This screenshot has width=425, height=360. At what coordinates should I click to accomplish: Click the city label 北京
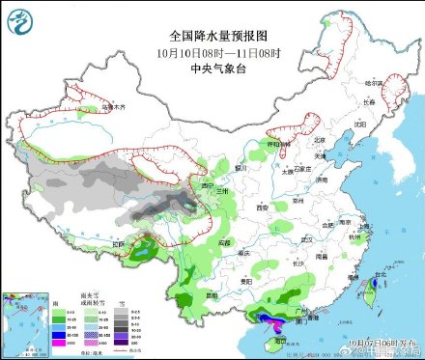[x=319, y=141]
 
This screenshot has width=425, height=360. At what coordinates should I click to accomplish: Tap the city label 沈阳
[x=361, y=125]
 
